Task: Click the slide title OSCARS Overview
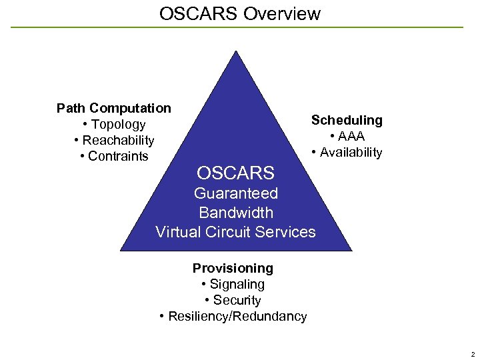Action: pos(240,13)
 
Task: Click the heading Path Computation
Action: pos(113,108)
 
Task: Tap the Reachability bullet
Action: pos(114,141)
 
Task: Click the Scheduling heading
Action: pos(347,120)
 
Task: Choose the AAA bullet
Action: pos(347,136)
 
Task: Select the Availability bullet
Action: pos(347,153)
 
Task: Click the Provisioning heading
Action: pos(233,268)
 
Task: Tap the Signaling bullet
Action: pos(233,284)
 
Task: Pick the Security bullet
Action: pos(233,300)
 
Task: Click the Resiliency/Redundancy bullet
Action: pos(233,316)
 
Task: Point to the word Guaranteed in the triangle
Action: pos(235,193)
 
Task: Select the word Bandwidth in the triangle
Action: pos(236,213)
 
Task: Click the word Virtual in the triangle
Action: pos(177,232)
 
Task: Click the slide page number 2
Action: pos(471,353)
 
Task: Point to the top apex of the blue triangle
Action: pos(236,52)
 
